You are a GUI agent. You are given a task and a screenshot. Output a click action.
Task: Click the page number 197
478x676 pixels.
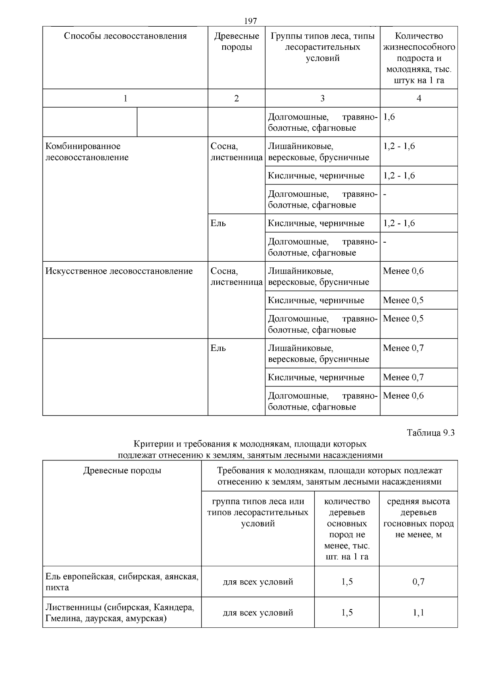coord(251,21)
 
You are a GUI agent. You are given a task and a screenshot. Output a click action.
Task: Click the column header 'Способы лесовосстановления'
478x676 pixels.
coord(125,36)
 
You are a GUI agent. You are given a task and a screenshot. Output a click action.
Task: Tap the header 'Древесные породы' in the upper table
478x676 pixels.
coord(236,41)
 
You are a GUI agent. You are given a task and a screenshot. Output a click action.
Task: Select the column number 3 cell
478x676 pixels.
coord(322,98)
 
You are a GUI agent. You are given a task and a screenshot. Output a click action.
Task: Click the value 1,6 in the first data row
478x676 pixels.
coord(389,117)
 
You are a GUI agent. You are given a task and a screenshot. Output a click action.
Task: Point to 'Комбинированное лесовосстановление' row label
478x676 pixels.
coord(87,152)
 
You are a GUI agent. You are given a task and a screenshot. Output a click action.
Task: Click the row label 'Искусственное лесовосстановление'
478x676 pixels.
coord(119,271)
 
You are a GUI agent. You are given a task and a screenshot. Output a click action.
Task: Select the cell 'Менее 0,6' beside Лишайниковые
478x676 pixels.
coord(403,271)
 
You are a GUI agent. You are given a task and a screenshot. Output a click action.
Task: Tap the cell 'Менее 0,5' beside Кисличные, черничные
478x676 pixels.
coord(403,300)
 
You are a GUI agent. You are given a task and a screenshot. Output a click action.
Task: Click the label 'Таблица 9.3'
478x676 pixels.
coord(431,433)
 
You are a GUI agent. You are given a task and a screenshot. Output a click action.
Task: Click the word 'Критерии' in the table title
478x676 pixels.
coord(149,444)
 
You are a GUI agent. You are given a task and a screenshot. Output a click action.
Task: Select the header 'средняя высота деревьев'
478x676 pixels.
coord(418,518)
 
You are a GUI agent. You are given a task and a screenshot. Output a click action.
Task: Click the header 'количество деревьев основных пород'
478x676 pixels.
coord(347,529)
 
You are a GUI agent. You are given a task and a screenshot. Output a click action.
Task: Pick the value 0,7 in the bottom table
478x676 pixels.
coord(418,582)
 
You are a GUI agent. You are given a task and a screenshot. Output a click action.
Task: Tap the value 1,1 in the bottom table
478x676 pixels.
coord(418,613)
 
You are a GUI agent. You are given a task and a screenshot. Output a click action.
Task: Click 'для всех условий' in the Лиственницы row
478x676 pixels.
coord(258,613)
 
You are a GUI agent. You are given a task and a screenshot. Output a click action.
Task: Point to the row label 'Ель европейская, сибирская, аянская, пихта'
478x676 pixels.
coord(121,582)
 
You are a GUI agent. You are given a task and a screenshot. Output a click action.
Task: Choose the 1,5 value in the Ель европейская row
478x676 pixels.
coord(347,582)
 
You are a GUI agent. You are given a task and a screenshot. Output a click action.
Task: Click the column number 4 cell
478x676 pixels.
coord(419,98)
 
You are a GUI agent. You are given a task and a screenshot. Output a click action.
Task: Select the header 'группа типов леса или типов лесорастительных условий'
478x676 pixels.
coord(258,512)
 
